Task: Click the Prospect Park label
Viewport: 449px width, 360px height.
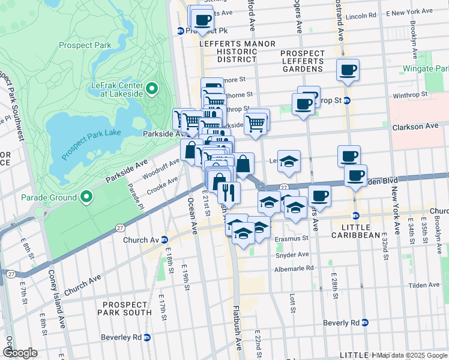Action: tap(85, 45)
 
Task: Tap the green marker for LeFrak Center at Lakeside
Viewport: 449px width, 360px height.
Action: tap(151, 89)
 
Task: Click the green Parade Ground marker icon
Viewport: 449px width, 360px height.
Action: tap(87, 197)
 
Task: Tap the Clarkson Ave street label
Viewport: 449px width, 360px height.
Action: tap(415, 127)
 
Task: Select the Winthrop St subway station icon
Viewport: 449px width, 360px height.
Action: tap(347, 100)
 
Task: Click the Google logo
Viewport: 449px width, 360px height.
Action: tap(20, 353)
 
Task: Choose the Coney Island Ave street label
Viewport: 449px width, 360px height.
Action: tap(61, 316)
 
